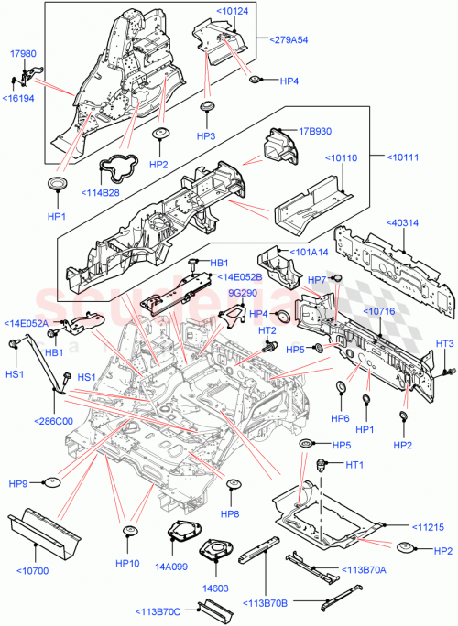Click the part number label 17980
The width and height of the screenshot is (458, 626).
coord(23,54)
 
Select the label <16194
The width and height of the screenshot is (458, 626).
coord(18,98)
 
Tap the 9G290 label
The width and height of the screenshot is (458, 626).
coord(242,293)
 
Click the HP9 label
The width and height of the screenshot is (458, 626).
coord(20,481)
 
